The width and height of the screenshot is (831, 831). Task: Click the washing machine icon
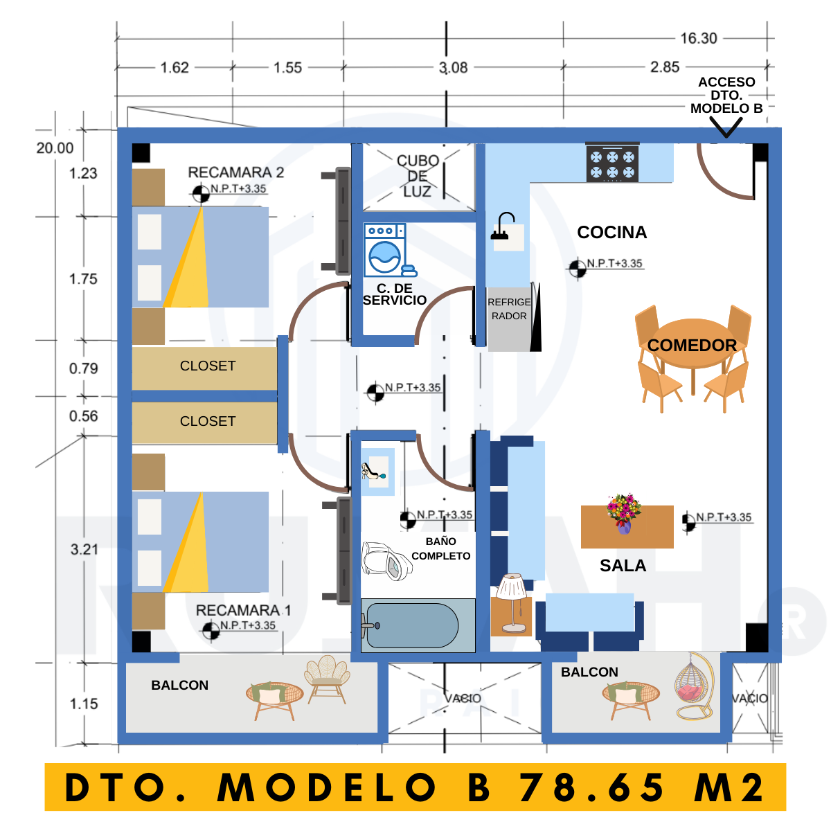(389, 250)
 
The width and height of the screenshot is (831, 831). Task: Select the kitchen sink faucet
(502, 226)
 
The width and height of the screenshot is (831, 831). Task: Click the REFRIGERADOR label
(509, 309)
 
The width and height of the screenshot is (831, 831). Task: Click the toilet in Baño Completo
(386, 560)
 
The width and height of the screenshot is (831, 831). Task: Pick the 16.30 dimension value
(699, 38)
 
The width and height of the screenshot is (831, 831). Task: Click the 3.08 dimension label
(453, 68)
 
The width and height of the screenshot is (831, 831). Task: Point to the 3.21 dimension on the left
(84, 549)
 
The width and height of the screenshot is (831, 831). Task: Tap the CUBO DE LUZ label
(418, 176)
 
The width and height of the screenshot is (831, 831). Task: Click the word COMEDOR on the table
(692, 345)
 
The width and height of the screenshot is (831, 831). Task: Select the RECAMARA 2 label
(236, 172)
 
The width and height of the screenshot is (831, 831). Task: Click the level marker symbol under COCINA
(578, 269)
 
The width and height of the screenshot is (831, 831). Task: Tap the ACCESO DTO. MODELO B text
(726, 95)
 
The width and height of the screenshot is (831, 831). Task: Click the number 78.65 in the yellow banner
(591, 787)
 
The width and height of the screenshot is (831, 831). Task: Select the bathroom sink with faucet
(377, 472)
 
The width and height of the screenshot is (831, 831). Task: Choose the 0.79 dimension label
(84, 368)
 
